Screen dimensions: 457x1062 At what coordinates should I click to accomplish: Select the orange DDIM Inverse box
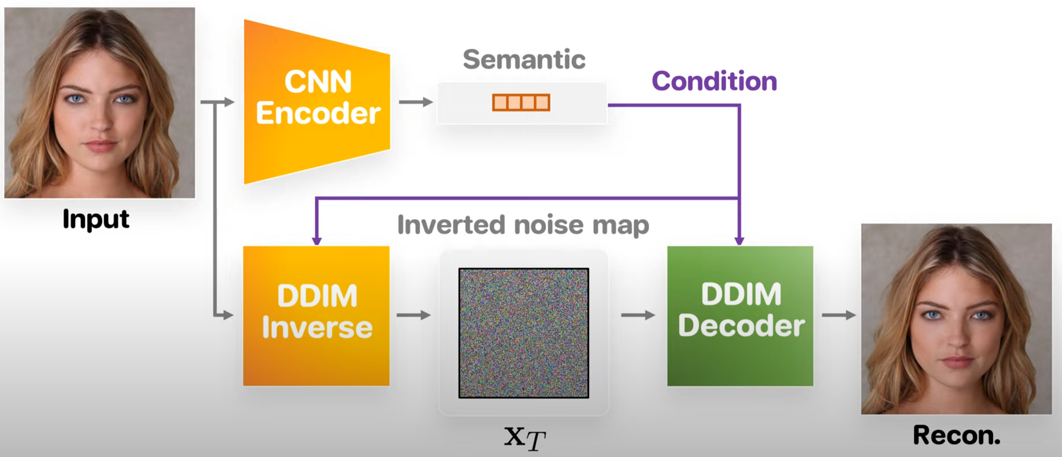click(x=316, y=315)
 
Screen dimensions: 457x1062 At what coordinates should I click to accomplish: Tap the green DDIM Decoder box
click(x=740, y=315)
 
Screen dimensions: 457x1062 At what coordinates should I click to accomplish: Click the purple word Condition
click(x=714, y=81)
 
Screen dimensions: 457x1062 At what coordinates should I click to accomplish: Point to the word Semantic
click(x=524, y=60)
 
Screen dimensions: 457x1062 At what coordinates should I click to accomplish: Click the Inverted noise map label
click(x=523, y=225)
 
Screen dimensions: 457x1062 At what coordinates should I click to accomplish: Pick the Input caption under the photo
click(x=96, y=219)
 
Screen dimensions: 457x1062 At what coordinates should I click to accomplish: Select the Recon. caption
click(x=957, y=435)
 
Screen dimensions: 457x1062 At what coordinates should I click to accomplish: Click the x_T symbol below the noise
click(x=524, y=438)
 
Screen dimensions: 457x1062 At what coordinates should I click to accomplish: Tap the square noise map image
click(x=523, y=333)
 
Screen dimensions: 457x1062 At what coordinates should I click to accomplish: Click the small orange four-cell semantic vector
click(x=521, y=102)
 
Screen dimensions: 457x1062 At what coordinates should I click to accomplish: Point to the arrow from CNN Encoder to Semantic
click(x=415, y=102)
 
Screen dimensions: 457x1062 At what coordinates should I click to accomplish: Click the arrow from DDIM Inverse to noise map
click(x=414, y=315)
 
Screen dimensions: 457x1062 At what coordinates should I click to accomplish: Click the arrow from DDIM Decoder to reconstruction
click(x=839, y=315)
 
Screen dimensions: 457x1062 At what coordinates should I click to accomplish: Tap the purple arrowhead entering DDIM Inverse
click(x=317, y=241)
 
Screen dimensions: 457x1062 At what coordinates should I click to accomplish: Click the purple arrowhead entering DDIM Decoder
click(x=739, y=241)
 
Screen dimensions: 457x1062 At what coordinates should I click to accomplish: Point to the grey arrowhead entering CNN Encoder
click(x=229, y=102)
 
